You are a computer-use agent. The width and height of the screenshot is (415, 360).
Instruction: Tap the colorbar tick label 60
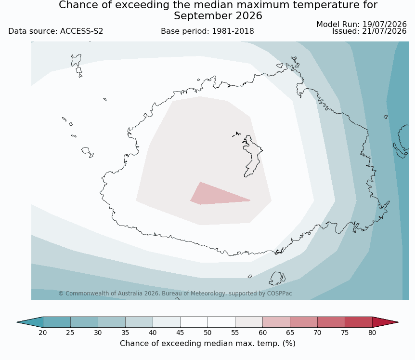click(262, 333)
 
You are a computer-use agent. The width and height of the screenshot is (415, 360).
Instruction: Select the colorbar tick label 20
click(43, 333)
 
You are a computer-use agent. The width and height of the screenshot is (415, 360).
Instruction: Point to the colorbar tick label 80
click(372, 333)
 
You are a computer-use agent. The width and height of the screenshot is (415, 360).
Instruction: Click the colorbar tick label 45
click(180, 333)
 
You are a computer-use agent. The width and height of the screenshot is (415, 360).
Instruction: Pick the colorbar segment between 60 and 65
click(276, 322)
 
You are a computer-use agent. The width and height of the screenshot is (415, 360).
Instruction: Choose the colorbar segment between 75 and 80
click(359, 322)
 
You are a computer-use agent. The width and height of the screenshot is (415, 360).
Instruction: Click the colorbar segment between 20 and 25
click(57, 322)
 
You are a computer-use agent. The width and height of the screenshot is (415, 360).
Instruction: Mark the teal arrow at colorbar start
click(30, 322)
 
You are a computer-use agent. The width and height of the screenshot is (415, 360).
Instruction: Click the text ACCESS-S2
click(81, 31)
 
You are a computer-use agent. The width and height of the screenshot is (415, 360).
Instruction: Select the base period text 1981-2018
click(233, 31)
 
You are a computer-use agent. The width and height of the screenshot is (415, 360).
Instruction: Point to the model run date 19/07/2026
click(384, 25)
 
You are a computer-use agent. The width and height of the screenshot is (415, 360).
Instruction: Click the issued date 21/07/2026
click(384, 31)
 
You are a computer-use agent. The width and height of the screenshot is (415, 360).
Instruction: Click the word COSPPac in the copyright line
click(280, 293)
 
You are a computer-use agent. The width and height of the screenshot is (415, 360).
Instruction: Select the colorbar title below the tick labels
click(207, 344)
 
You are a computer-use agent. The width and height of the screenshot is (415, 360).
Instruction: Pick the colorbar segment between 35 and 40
click(139, 322)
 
